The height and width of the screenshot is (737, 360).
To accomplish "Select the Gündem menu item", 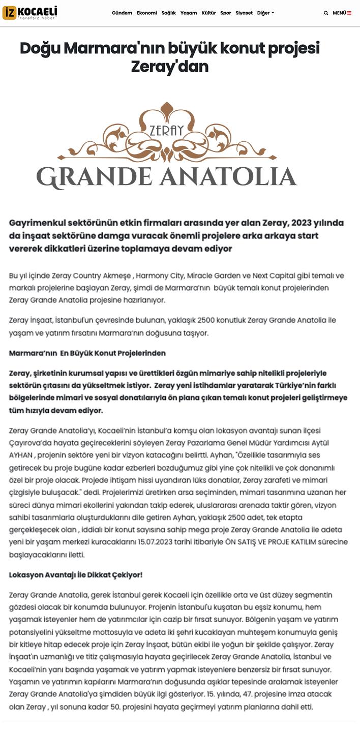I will [x=122, y=13].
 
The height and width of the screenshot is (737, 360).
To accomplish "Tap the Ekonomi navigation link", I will [x=146, y=13].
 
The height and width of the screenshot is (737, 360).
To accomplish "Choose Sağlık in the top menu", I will [x=168, y=13].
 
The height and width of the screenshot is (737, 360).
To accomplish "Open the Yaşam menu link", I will [x=189, y=13].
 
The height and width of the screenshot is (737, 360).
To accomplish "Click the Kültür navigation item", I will [x=208, y=13].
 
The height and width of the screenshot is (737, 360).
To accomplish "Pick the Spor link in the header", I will [x=225, y=13].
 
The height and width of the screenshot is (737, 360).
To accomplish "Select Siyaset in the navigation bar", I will [x=244, y=13].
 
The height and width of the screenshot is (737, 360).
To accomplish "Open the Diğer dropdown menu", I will [x=265, y=13].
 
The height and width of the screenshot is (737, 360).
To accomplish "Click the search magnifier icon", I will [x=326, y=13].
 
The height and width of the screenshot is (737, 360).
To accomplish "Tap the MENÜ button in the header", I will [x=342, y=13].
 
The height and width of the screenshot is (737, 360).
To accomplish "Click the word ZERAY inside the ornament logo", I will [x=166, y=131].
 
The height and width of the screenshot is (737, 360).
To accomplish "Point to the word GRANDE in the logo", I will [x=94, y=177].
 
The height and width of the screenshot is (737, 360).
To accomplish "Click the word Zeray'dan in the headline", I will [x=170, y=67].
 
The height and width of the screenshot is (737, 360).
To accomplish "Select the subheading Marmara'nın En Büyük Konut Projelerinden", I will [x=87, y=353].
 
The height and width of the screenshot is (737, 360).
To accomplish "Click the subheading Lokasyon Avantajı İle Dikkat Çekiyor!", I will [x=76, y=575].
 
